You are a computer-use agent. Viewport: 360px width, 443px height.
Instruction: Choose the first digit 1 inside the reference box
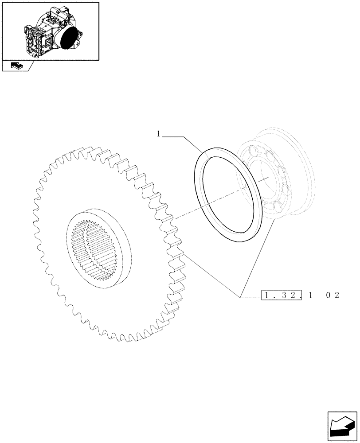click(x=267, y=295)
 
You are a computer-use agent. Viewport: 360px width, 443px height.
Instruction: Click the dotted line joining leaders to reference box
click(x=251, y=297)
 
